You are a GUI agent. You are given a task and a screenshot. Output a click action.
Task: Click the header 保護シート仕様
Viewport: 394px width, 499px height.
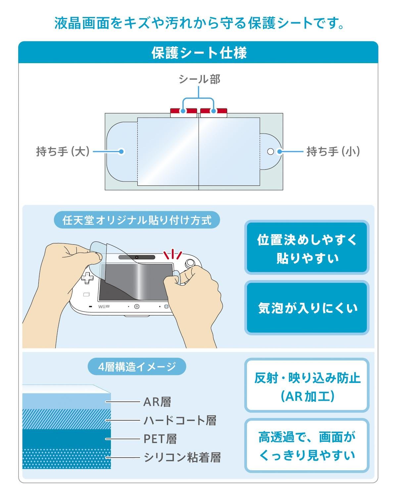click(199, 53)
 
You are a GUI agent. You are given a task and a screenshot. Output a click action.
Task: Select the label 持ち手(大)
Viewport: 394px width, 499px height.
click(63, 151)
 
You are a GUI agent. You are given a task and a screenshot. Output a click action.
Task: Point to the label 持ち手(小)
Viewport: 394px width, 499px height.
click(333, 151)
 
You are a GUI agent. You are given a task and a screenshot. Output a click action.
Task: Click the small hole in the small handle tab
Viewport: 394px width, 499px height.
click(271, 151)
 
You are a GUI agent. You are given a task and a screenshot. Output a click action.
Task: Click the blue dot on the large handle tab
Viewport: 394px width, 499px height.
click(121, 151)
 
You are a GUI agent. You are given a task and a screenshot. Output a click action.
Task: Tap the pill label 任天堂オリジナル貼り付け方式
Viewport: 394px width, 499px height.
click(137, 220)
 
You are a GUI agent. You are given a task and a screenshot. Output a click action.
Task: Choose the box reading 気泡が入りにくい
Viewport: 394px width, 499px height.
click(307, 308)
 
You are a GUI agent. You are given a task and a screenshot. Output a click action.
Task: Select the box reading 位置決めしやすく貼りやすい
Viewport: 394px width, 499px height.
click(307, 247)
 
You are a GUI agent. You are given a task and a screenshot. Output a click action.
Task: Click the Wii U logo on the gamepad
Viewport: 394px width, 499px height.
click(104, 307)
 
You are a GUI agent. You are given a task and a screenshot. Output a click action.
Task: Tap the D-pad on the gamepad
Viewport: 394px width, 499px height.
click(87, 277)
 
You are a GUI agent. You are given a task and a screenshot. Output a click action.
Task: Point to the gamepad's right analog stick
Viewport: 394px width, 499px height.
click(190, 263)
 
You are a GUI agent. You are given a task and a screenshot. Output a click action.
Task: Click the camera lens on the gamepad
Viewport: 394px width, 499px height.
click(137, 257)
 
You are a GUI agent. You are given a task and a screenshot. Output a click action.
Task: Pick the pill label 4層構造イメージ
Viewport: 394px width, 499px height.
click(137, 366)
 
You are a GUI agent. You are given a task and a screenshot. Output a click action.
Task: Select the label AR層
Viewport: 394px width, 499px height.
click(157, 402)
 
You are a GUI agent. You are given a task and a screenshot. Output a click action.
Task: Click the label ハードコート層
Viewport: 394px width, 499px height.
click(180, 420)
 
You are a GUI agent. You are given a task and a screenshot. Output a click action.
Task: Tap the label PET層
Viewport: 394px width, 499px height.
click(160, 439)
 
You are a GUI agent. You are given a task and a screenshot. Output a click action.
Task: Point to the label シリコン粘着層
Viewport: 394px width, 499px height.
click(182, 457)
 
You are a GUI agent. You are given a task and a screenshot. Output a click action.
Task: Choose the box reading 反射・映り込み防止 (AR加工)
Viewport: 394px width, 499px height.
click(307, 385)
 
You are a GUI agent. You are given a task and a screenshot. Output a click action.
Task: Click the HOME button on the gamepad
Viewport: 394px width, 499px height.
click(137, 307)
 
